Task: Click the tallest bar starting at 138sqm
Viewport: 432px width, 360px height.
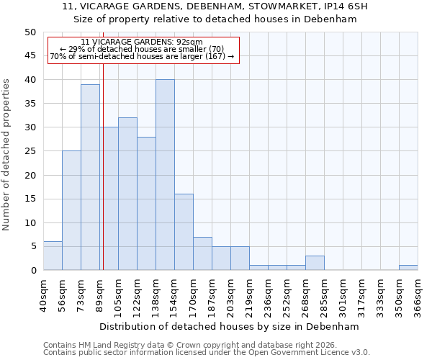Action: pos(165,175)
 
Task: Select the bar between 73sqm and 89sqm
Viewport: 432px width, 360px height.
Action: pos(90,177)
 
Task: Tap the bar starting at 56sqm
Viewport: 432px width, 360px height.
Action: pos(71,210)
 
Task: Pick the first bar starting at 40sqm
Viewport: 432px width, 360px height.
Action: pos(53,256)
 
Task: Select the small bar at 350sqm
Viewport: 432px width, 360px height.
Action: pos(408,268)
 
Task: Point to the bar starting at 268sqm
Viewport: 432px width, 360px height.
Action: pos(315,263)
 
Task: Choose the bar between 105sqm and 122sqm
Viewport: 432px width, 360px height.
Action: pos(127,194)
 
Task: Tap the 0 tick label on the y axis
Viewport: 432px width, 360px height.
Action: pos(32,271)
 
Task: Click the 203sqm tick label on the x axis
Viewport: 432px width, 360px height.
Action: pos(230,296)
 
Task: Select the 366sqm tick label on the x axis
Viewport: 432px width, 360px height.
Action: pos(418,296)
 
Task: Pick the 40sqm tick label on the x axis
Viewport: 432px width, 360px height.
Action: pos(43,296)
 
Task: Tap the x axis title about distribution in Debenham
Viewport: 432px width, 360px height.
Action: pos(230,326)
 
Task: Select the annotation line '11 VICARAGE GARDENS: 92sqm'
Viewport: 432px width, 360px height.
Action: pos(142,42)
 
